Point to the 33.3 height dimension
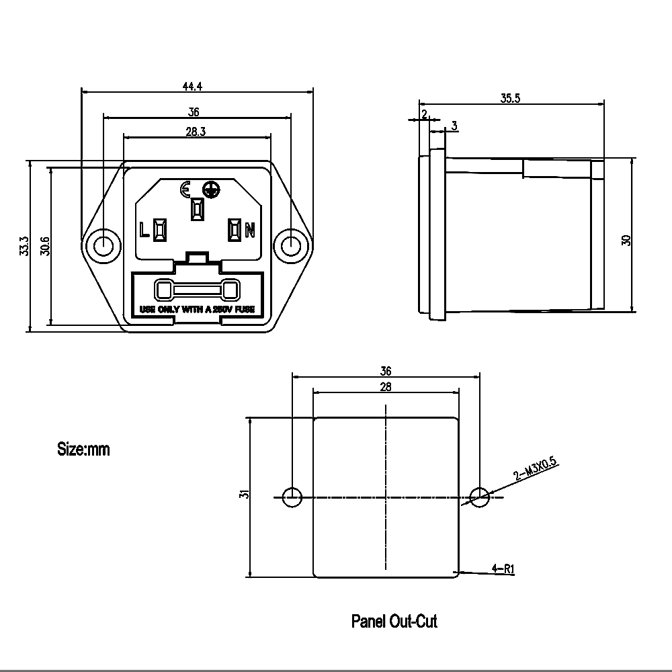[x=24, y=246]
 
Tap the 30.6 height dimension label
[x=44, y=246]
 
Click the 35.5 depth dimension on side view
[x=510, y=97]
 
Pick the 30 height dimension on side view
[x=626, y=240]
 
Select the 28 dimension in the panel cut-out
[x=386, y=386]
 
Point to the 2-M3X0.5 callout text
[x=536, y=468]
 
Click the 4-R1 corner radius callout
[x=503, y=569]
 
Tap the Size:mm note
[x=83, y=449]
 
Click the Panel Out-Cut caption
[x=394, y=621]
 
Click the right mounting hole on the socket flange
[x=290, y=245]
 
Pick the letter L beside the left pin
[x=143, y=230]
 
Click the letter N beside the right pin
[x=249, y=230]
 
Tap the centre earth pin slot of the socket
[x=197, y=209]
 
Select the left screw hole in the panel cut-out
[x=292, y=497]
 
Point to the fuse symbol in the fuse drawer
[x=196, y=291]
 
